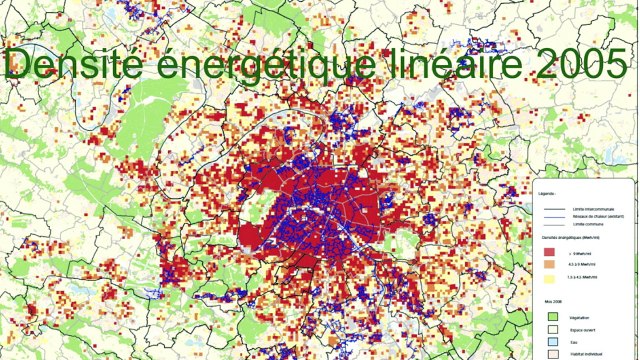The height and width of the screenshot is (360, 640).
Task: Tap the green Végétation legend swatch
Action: click(551, 317)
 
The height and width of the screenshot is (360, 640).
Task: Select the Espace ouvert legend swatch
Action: click(551, 329)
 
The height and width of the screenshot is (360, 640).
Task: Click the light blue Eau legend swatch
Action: click(551, 341)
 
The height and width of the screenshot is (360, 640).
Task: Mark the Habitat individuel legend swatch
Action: click(551, 353)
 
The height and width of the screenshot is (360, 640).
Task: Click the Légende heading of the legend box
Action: click(546, 192)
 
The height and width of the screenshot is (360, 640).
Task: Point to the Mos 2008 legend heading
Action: click(549, 301)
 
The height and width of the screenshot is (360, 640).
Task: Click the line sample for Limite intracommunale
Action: click(552, 208)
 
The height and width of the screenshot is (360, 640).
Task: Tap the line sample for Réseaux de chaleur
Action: click(552, 215)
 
